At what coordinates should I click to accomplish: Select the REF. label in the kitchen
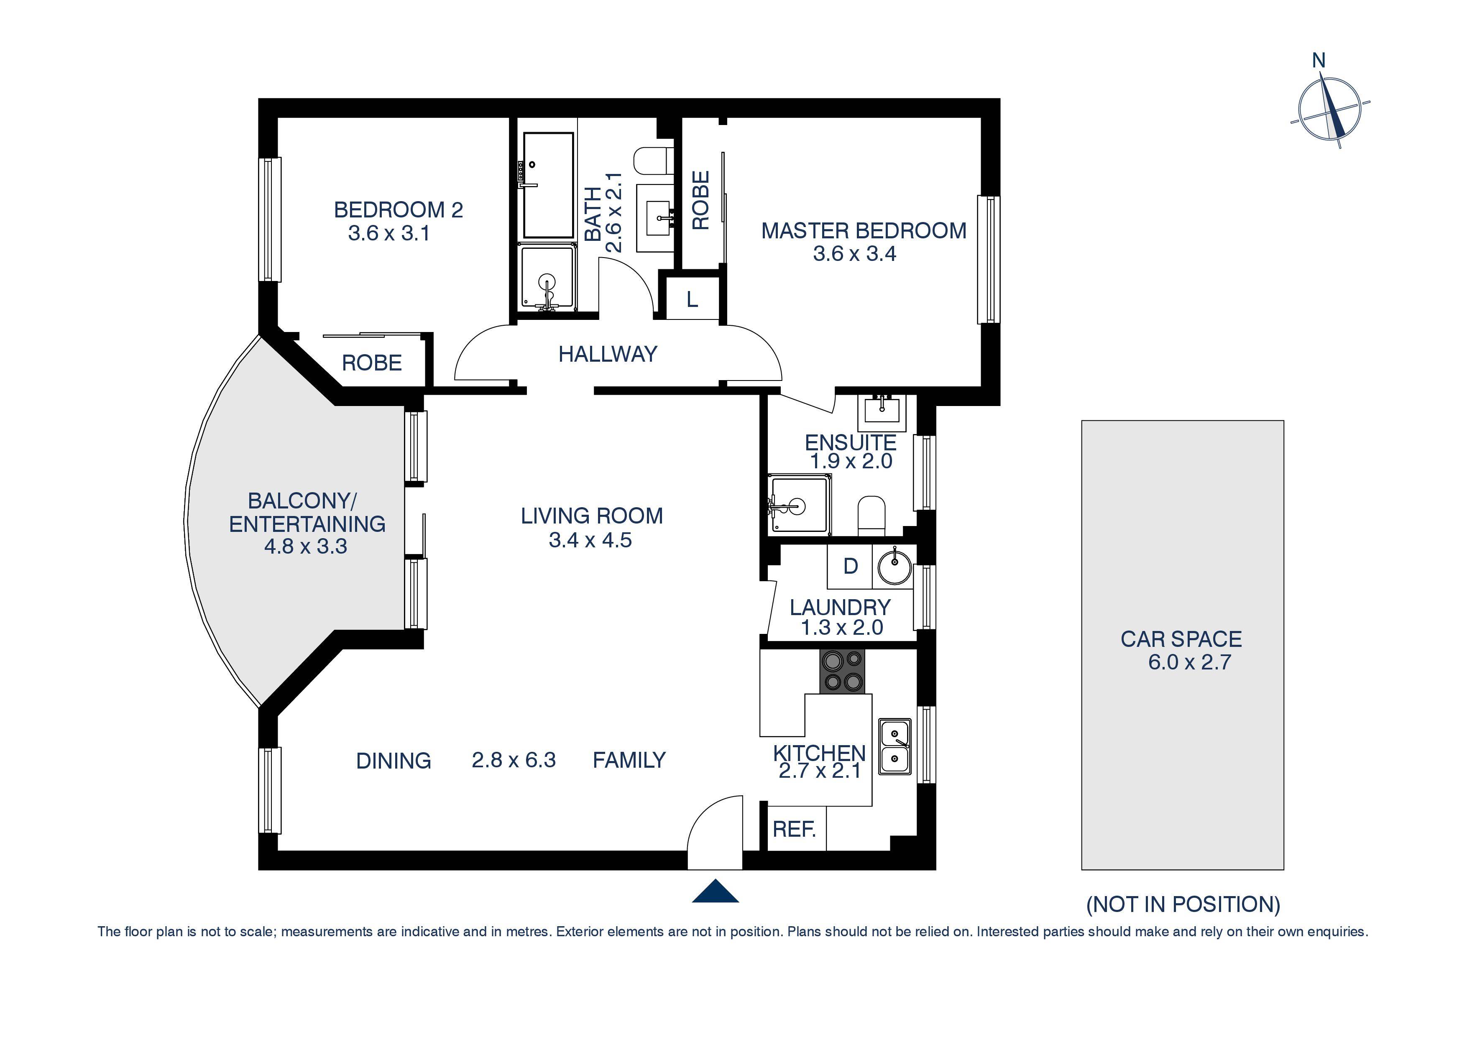pyautogui.click(x=794, y=829)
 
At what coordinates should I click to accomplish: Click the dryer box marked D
pyautogui.click(x=850, y=566)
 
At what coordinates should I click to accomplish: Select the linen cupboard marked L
pyautogui.click(x=692, y=299)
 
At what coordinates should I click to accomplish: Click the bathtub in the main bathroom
pyautogui.click(x=547, y=185)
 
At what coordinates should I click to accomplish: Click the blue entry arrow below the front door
pyautogui.click(x=715, y=891)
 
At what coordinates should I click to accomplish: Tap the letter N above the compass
pyautogui.click(x=1318, y=61)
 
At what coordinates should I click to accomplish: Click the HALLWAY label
pyautogui.click(x=608, y=354)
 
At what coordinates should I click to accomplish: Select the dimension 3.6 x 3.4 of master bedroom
pyautogui.click(x=854, y=254)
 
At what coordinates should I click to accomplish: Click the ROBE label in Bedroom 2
pyautogui.click(x=372, y=363)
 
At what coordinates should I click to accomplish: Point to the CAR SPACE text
pyautogui.click(x=1181, y=639)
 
